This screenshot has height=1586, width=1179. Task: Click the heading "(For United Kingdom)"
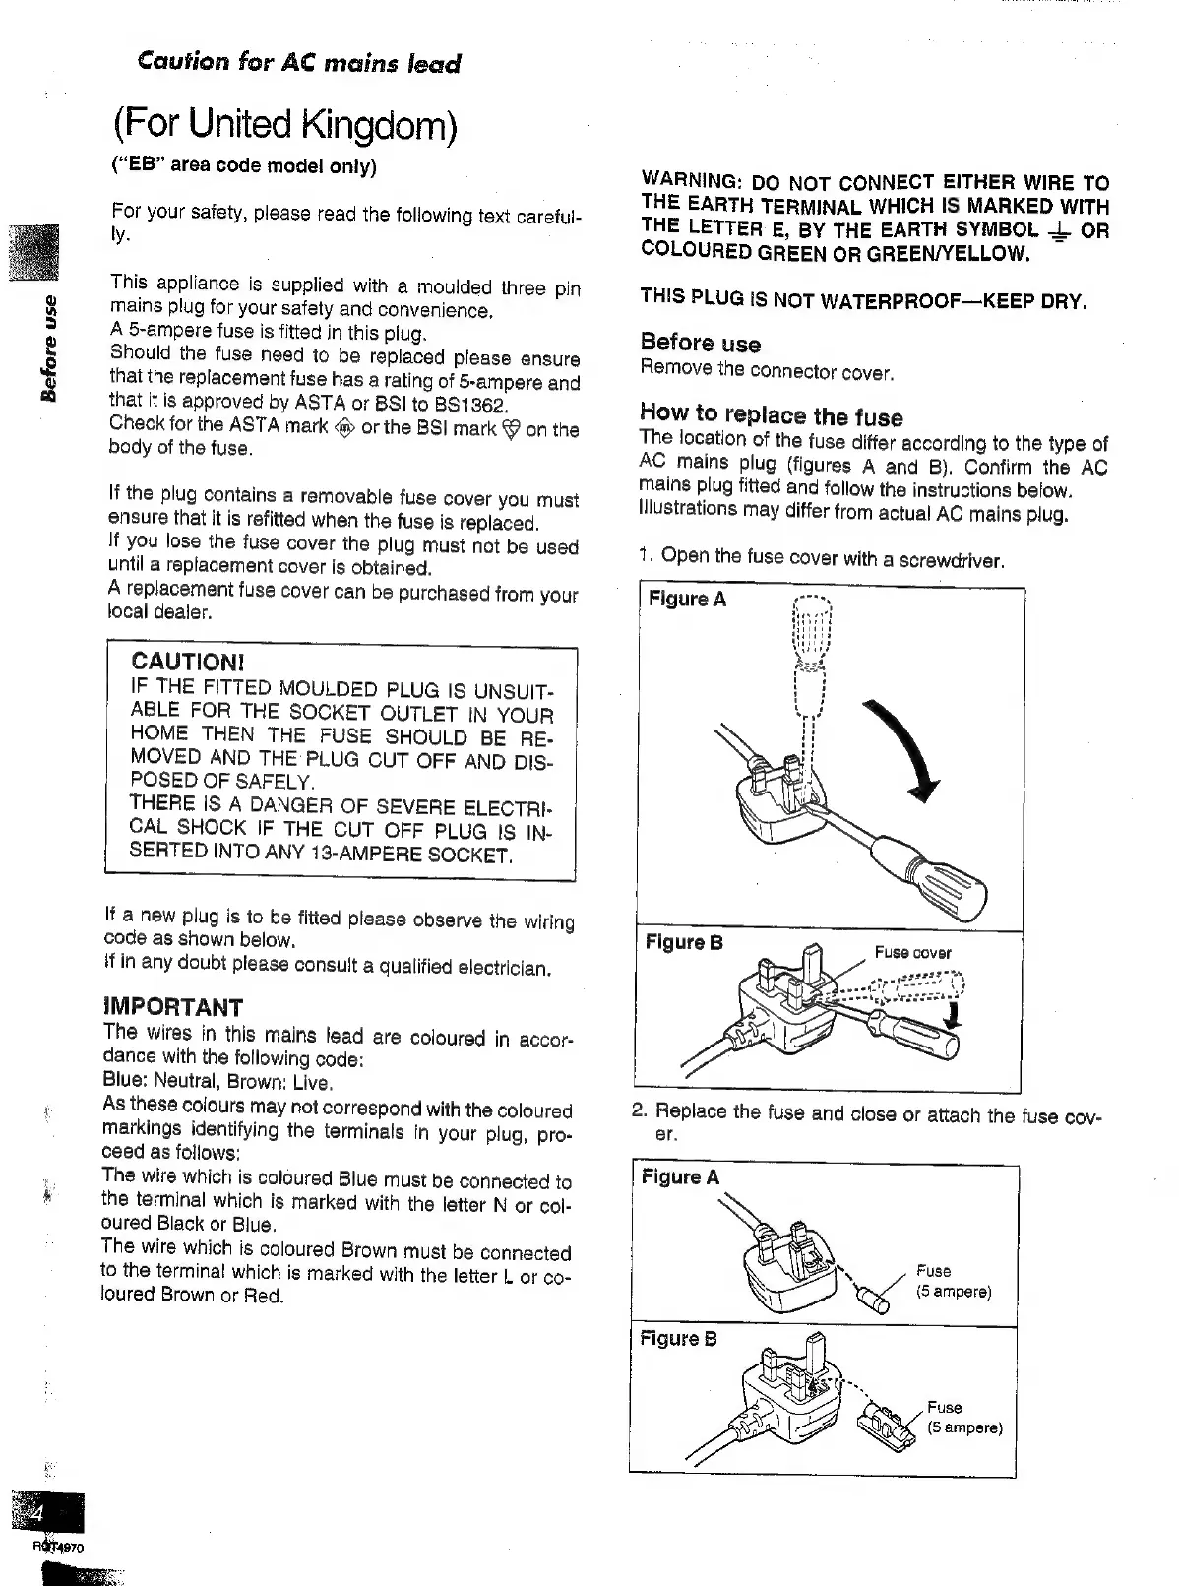(x=284, y=127)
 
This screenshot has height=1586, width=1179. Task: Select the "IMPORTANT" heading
(x=173, y=1007)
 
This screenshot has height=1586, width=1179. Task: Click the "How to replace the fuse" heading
(x=771, y=415)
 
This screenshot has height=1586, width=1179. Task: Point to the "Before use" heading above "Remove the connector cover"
(x=700, y=344)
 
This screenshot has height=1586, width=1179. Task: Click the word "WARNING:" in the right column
(x=690, y=182)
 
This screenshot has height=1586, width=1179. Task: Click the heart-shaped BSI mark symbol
(x=510, y=429)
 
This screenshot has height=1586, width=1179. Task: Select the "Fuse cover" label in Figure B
(x=912, y=952)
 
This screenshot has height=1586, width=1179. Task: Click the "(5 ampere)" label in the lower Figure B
(x=964, y=1427)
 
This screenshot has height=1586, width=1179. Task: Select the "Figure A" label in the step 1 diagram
(x=687, y=600)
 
